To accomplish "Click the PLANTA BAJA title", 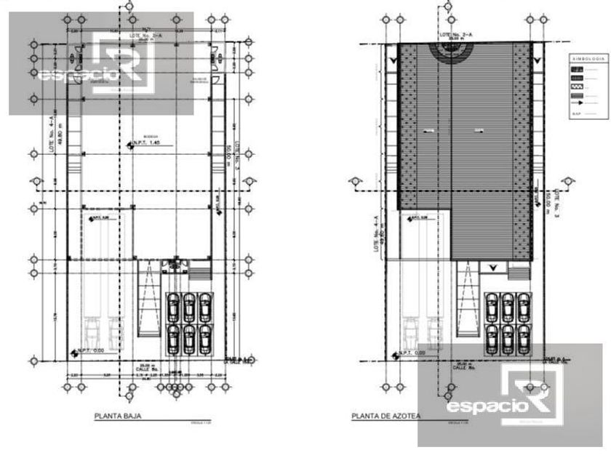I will click(117, 417).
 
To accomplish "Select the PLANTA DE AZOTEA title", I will click(385, 417).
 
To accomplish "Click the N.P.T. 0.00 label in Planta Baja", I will click(91, 351).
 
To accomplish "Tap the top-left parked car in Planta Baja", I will click(174, 305).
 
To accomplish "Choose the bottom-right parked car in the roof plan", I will click(523, 336).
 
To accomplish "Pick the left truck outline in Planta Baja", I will click(92, 331).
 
